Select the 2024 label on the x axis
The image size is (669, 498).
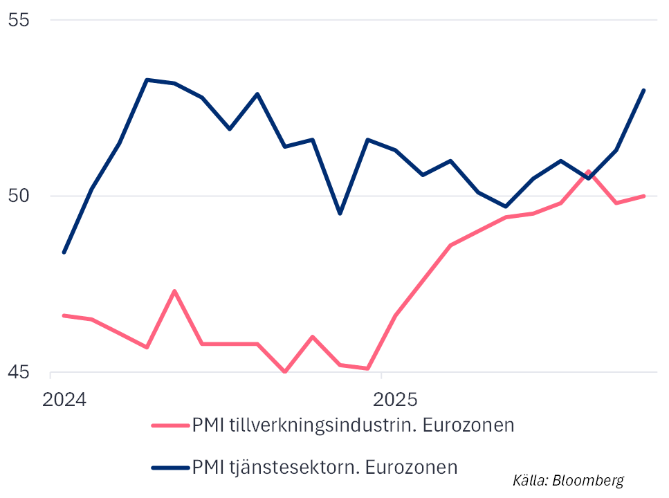click(x=64, y=400)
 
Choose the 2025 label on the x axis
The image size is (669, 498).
click(x=395, y=400)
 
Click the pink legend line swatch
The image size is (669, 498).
click(x=170, y=425)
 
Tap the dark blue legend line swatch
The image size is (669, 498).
click(x=170, y=467)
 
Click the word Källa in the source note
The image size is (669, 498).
click(x=529, y=480)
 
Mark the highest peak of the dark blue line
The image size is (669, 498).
click(x=147, y=80)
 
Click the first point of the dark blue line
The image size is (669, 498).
click(x=64, y=252)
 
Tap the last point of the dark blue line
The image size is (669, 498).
click(x=644, y=90)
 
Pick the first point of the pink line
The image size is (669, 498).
click(x=64, y=315)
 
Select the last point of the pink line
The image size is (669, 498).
click(x=644, y=196)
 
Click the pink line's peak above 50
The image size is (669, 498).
click(x=589, y=171)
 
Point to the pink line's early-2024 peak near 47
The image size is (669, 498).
click(x=174, y=290)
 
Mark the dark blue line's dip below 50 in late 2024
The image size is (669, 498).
click(x=340, y=213)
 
